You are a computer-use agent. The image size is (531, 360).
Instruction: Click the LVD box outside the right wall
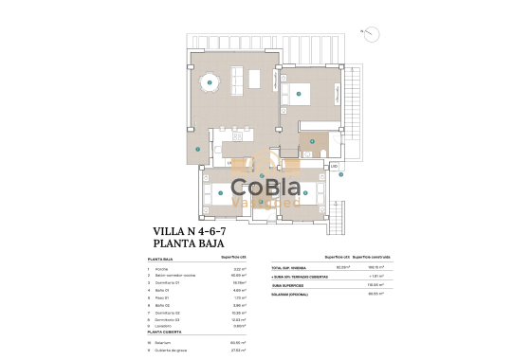pos(334,166)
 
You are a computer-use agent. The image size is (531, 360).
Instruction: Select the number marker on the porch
pos(196,150)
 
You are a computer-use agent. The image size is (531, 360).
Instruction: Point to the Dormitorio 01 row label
pos(170,281)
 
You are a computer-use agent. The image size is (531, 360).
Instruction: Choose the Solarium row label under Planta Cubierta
pos(164,343)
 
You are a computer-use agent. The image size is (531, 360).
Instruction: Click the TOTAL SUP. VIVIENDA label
pos(288,267)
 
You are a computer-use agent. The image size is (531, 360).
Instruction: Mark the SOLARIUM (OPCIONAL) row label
pos(290,294)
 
